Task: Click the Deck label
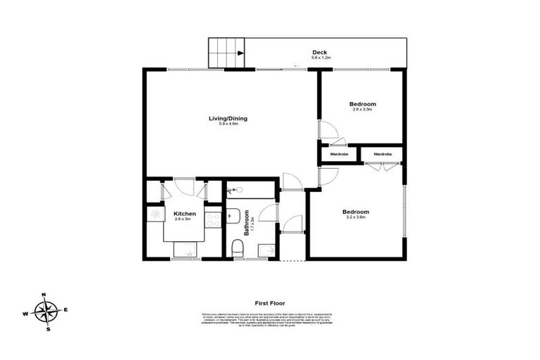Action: coord(320,52)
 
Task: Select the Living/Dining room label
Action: coord(227,118)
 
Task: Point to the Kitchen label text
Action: coord(185,213)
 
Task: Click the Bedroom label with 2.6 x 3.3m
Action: coord(363,104)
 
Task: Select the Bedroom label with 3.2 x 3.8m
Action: coord(356,212)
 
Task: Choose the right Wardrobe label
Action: coord(382,154)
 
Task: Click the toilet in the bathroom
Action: coord(238,248)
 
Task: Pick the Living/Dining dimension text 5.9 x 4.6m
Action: coord(229,124)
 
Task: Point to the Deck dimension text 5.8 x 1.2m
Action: coord(321,58)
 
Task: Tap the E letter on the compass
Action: coord(65,309)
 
